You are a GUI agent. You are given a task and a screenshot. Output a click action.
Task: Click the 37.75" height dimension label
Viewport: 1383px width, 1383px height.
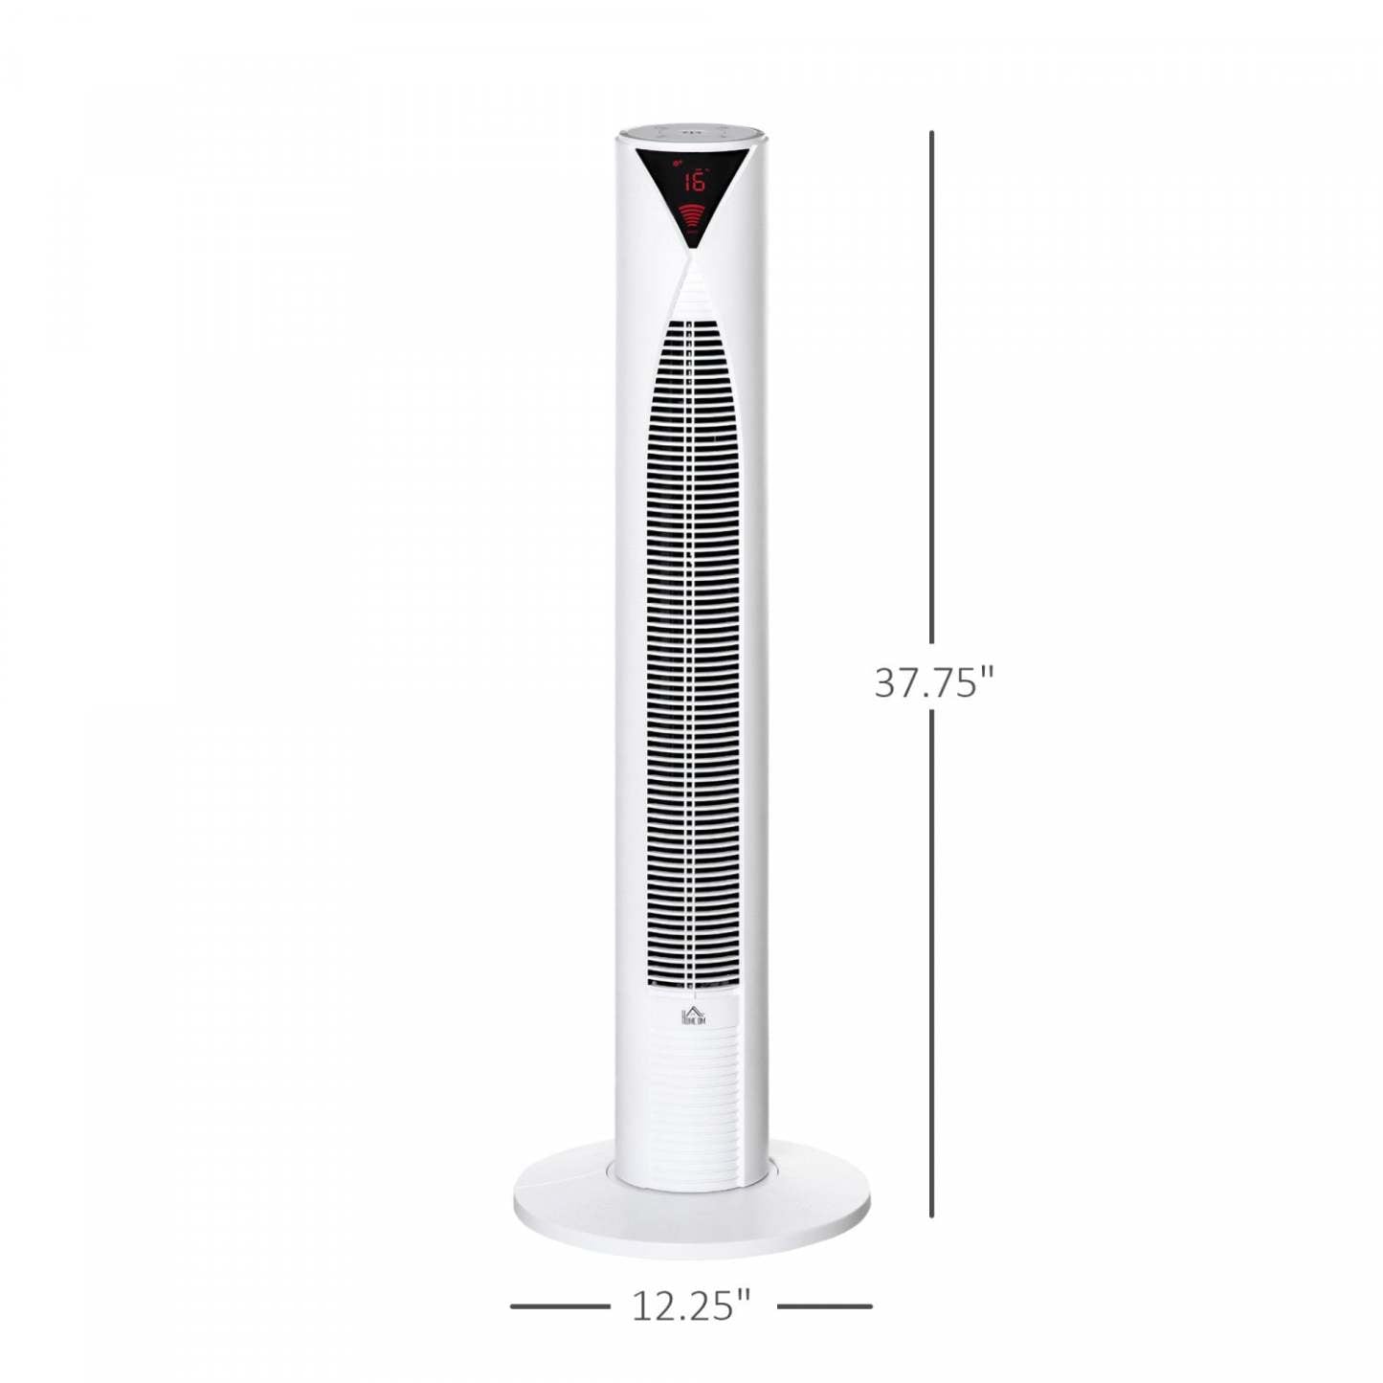click(x=934, y=682)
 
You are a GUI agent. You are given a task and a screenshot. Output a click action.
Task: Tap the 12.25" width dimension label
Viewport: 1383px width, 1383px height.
click(x=690, y=1305)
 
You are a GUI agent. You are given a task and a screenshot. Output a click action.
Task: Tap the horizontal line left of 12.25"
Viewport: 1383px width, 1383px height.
click(x=559, y=1305)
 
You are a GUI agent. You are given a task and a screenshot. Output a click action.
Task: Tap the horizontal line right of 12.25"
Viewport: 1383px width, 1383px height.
click(x=824, y=1305)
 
